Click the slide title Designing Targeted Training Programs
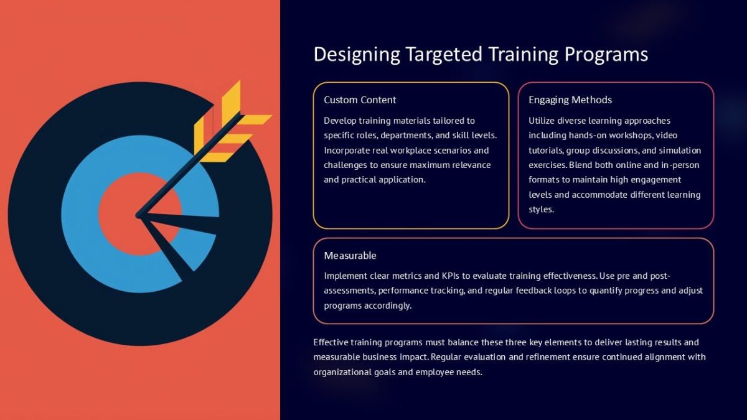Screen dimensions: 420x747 pos(481,54)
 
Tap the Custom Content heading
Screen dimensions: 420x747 pos(360,100)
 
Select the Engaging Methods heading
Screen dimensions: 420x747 pos(570,100)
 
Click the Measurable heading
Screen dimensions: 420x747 pos(350,255)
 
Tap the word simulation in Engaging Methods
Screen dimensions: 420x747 pos(679,150)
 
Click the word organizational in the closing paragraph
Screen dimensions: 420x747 pos(341,372)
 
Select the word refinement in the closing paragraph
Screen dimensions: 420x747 pos(559,357)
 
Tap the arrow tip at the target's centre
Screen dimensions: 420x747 pos(139,215)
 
